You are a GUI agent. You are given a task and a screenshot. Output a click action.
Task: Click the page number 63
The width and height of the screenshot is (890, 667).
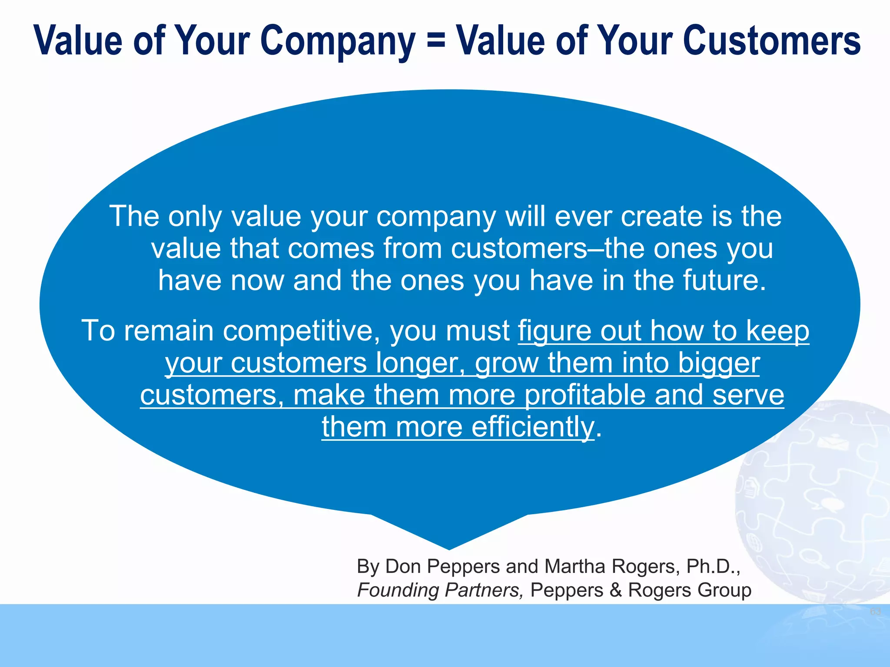875,612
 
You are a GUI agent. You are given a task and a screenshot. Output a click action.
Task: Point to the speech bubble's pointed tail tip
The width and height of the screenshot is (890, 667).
449,548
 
